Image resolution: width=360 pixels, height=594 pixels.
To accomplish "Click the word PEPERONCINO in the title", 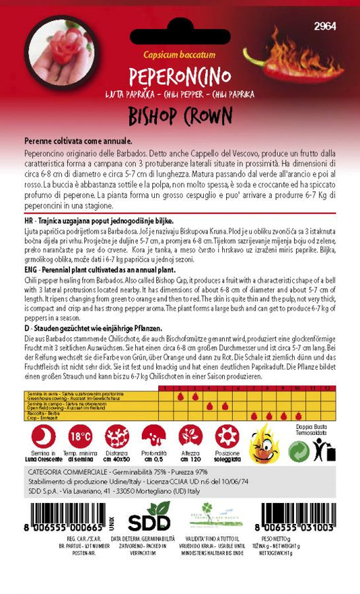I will (179, 74).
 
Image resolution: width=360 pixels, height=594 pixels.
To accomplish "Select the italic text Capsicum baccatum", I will (179, 58).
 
